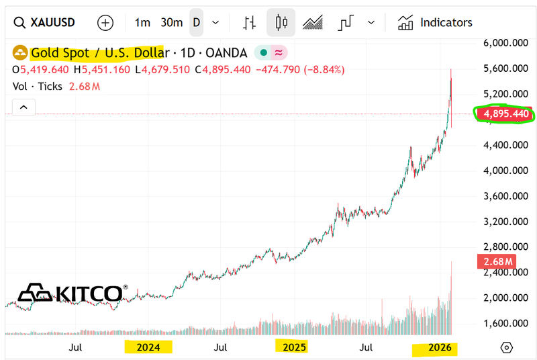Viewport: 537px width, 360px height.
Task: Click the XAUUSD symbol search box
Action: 46,22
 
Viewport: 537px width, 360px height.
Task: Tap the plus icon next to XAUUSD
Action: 105,22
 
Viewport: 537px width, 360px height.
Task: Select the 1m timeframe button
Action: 142,22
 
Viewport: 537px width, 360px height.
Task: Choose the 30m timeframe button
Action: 172,22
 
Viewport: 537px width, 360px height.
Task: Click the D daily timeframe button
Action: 197,22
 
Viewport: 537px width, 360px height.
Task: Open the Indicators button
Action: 435,22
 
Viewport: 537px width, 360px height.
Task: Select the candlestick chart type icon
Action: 281,22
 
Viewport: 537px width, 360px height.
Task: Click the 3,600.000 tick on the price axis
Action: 507,196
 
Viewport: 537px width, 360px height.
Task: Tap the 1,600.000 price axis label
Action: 507,323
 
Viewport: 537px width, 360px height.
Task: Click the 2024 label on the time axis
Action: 148,347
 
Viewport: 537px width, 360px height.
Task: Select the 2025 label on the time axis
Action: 295,347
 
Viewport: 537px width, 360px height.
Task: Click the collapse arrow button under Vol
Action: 23,107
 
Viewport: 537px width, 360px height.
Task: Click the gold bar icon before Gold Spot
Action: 21,52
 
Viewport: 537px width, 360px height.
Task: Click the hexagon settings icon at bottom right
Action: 507,347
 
